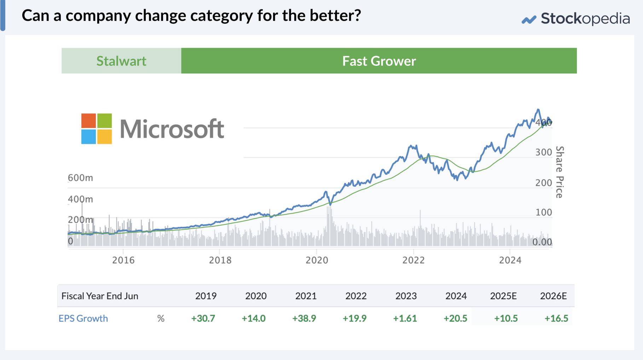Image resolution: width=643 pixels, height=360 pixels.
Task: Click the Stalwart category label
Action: click(121, 61)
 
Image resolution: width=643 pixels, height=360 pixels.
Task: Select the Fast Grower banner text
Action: click(379, 61)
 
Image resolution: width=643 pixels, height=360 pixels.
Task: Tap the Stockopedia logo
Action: click(575, 18)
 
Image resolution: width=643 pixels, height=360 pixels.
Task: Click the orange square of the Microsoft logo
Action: click(88, 120)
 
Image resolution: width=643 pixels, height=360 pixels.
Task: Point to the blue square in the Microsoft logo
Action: click(88, 137)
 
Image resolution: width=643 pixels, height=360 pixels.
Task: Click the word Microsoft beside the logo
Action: click(172, 129)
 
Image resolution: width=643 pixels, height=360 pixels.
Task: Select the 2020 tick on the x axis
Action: click(317, 260)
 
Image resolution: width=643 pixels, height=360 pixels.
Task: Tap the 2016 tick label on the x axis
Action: click(123, 260)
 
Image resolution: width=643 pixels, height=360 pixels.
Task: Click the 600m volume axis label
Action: click(80, 178)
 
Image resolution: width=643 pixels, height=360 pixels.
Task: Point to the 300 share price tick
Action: click(544, 152)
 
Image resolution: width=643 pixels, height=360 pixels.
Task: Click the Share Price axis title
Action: click(560, 172)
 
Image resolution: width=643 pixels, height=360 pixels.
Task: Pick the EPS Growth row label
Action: click(83, 318)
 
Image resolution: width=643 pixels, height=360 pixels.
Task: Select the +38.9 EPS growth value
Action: click(304, 318)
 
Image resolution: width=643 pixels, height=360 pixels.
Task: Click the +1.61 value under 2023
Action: click(405, 318)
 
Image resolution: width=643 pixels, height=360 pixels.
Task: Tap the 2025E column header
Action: click(503, 296)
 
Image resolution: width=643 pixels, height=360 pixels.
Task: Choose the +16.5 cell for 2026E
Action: click(556, 318)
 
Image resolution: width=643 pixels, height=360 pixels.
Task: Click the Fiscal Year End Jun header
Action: click(100, 296)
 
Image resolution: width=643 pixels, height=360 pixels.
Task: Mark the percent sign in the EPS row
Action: click(161, 319)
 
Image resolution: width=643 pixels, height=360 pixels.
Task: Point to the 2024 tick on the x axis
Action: click(510, 260)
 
